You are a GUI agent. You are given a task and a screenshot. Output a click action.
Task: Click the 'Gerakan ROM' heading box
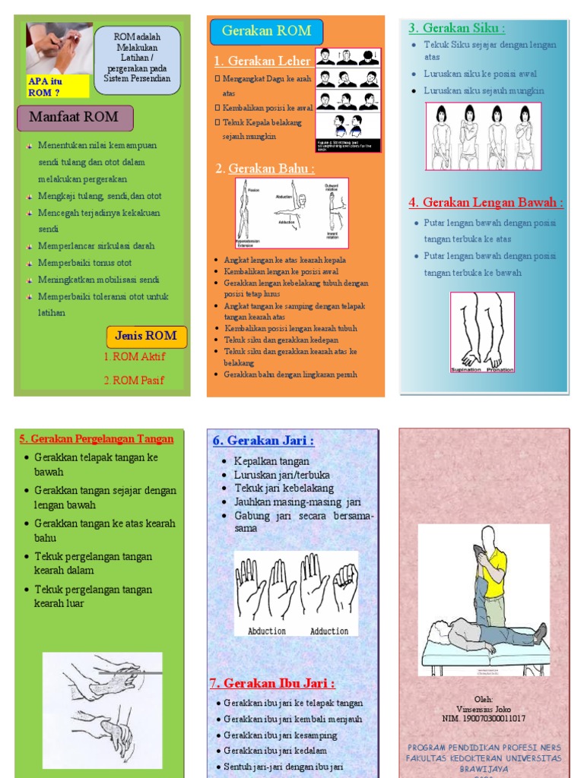pos(266,32)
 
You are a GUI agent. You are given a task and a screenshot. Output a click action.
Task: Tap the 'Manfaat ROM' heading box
pos(75,118)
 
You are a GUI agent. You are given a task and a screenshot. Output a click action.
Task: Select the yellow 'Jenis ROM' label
pos(146,336)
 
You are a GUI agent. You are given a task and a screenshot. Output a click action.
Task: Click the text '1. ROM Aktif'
pos(135,356)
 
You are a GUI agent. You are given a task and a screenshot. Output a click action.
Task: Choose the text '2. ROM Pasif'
pos(134,381)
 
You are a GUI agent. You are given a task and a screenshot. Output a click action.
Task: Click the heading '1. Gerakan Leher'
pos(262,62)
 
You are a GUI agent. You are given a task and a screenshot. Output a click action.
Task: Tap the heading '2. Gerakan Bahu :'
pos(265,169)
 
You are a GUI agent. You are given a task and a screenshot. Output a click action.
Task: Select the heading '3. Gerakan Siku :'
pos(456,29)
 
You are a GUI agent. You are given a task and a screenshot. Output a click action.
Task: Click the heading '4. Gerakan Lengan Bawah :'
pos(485,203)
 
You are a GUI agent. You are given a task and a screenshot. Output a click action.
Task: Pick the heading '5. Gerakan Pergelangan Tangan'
pos(97,439)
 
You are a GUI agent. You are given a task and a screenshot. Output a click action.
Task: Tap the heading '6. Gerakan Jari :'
pos(263,441)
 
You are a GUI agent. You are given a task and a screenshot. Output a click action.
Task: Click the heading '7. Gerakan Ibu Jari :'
pos(272,684)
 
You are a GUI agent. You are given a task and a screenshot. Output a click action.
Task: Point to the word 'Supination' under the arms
pos(467,370)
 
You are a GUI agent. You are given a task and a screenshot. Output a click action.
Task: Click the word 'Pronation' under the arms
pos(500,370)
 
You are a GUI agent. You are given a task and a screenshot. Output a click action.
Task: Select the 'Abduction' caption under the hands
pos(267,631)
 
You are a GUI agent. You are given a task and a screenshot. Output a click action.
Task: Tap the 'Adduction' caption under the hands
pos(328,631)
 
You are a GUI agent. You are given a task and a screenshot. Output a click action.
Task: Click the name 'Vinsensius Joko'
pos(484,709)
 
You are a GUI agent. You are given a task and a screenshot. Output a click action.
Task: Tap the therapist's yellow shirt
pos(494,571)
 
